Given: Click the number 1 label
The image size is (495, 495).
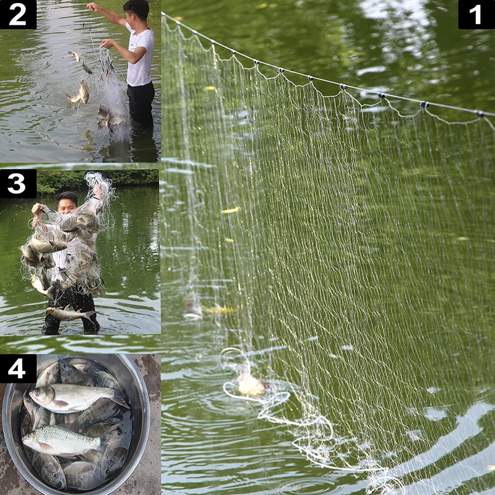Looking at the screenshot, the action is [476, 14].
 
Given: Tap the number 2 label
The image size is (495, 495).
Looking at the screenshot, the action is [18, 14].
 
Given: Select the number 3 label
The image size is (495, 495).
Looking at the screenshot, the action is [18, 184].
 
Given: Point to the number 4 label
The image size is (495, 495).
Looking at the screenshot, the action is [18, 368].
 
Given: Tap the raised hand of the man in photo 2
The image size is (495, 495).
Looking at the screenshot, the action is [92, 7].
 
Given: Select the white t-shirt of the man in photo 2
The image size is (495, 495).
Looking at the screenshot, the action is [140, 55].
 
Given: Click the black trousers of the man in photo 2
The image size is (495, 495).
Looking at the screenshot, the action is [141, 104].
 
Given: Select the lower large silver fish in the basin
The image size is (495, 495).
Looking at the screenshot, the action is [61, 441].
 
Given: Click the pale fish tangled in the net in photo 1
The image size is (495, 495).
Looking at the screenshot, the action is [251, 384].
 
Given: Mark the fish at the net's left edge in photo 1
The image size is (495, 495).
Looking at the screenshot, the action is [193, 309].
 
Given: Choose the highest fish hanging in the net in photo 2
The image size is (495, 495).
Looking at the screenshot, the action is [75, 56].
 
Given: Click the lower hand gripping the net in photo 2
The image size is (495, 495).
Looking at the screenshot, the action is [107, 43].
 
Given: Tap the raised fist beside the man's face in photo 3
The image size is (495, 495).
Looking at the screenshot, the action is [37, 209].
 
